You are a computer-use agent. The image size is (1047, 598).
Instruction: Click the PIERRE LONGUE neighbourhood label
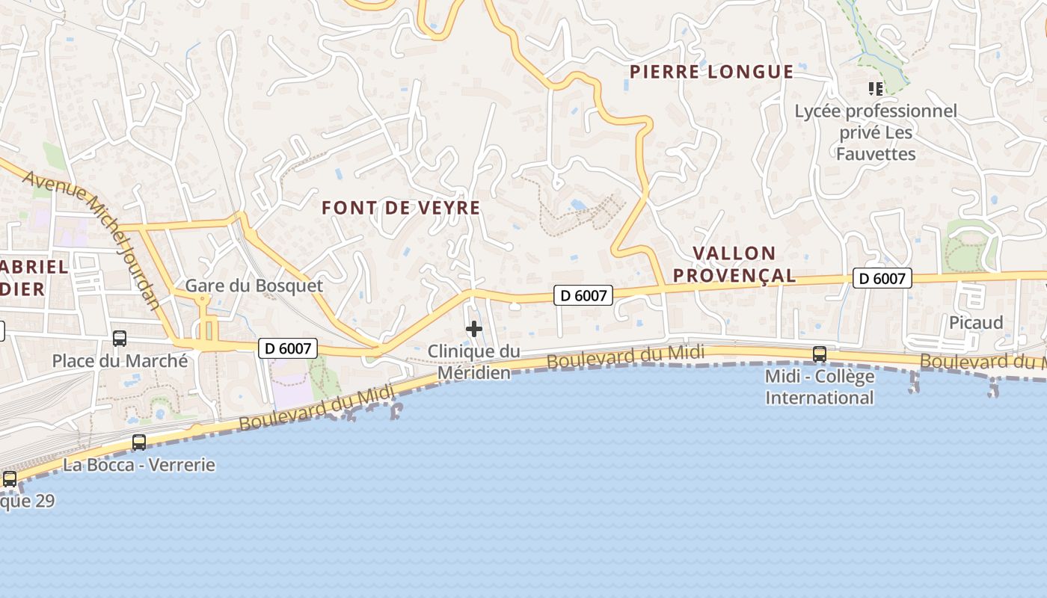point(711,72)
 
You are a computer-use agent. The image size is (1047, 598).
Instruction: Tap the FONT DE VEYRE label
point(401,207)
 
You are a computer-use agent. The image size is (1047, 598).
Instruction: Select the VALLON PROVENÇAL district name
point(734,264)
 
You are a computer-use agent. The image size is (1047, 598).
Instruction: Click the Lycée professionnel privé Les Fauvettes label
point(876,132)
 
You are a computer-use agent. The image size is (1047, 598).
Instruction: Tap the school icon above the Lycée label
point(876,90)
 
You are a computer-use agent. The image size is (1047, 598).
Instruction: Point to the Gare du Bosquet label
point(254,286)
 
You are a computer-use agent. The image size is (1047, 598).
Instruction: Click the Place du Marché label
point(120,361)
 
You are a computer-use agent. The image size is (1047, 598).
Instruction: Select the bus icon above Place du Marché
point(120,339)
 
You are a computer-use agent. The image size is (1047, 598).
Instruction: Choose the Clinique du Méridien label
point(474,361)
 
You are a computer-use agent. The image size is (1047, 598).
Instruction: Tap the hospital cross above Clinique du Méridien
point(474,329)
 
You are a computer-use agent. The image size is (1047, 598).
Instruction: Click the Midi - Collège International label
point(820,386)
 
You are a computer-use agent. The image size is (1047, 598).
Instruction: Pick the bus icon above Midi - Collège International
point(820,354)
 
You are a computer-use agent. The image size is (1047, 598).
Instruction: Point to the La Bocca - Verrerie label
point(139,465)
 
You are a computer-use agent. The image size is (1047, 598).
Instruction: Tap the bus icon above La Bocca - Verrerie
point(139,443)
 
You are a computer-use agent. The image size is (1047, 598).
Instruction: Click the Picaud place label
point(976,322)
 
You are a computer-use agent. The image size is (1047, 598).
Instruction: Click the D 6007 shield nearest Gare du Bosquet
point(288,348)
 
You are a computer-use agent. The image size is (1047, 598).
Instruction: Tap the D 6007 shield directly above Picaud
point(882,279)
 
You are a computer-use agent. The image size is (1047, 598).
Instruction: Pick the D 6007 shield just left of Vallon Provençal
point(583,295)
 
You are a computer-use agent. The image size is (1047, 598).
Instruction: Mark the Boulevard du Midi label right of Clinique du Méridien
point(625,357)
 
